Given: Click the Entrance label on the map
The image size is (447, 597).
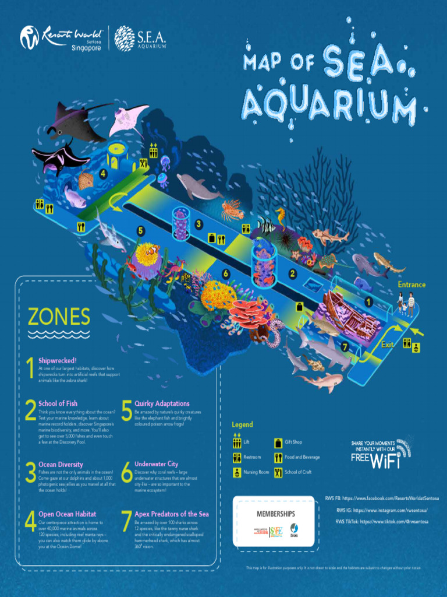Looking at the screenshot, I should click(x=411, y=285).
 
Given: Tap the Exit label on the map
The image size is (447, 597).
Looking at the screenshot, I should click(x=387, y=345).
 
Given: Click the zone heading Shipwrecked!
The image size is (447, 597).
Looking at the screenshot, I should click(x=58, y=360).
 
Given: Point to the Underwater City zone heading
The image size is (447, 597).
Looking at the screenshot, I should click(x=156, y=464).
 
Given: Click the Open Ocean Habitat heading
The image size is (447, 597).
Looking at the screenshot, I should click(x=67, y=514).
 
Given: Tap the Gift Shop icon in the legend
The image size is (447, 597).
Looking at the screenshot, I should click(x=278, y=443).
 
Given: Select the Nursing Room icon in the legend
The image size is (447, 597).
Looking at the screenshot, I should click(x=237, y=472).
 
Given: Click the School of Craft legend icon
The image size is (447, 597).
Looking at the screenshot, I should click(x=278, y=472).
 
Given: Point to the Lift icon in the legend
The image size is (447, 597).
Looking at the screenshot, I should click(x=237, y=441).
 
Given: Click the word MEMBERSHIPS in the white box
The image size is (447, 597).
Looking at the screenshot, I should click(x=276, y=514).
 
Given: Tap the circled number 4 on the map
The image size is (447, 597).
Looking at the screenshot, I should click(x=103, y=173).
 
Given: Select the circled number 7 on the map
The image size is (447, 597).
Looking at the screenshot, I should click(x=345, y=347).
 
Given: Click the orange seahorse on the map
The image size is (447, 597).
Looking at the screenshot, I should click(x=281, y=217).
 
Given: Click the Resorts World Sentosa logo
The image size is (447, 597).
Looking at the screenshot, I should click(x=61, y=38).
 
